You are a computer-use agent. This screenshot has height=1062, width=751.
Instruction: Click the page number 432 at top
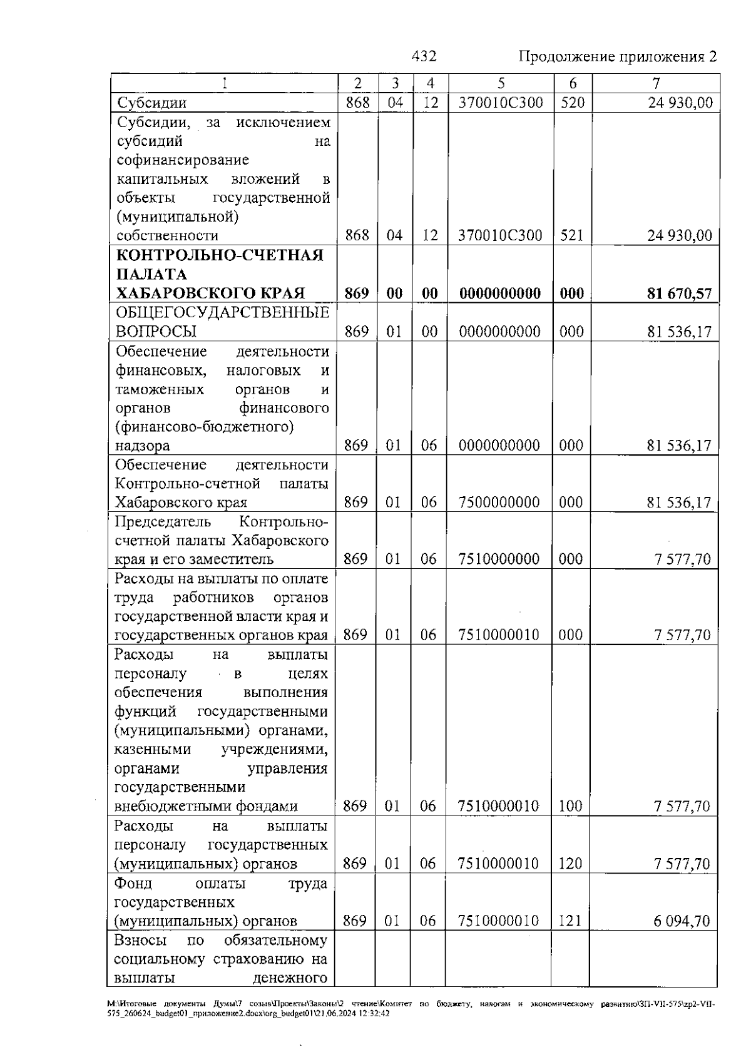(x=424, y=56)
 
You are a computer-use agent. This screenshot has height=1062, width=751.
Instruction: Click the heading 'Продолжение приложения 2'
(x=618, y=57)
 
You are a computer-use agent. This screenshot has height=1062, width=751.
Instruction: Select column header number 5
(x=501, y=83)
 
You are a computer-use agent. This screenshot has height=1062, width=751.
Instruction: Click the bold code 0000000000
(x=500, y=294)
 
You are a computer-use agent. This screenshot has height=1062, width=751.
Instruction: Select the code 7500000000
(x=499, y=503)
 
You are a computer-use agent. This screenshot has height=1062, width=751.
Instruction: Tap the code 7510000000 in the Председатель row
(x=499, y=559)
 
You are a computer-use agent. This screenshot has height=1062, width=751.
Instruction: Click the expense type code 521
(x=571, y=236)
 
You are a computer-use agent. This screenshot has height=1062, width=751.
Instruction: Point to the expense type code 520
(x=572, y=103)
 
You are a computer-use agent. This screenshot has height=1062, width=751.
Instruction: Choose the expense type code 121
(x=570, y=921)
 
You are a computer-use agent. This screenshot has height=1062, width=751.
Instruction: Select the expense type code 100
(x=570, y=806)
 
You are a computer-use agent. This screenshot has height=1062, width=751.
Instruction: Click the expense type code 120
(x=570, y=864)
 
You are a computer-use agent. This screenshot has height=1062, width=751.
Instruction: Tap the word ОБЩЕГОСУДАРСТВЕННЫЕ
(x=223, y=312)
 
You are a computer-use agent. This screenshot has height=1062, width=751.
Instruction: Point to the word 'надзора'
(x=142, y=446)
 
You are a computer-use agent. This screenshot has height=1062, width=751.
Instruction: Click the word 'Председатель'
(x=163, y=522)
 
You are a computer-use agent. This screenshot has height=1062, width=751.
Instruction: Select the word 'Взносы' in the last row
(x=140, y=941)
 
